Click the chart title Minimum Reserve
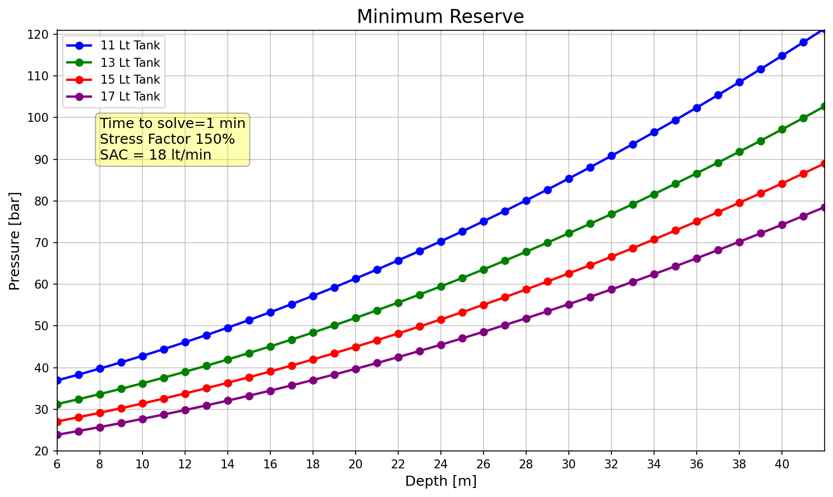[x=440, y=17]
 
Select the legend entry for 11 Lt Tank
[x=113, y=45]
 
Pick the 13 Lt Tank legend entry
[x=113, y=62]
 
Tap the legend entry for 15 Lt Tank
[x=113, y=79]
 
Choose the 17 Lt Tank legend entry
[x=113, y=97]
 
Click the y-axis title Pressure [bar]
[x=15, y=241]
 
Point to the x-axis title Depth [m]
[x=441, y=481]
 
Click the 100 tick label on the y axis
[x=38, y=117]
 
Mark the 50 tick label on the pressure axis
[x=42, y=326]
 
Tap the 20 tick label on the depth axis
[x=356, y=464]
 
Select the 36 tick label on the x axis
[x=697, y=464]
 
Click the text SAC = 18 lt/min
[x=155, y=154]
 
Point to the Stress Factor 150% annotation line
[x=167, y=139]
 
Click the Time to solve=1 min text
[x=173, y=123]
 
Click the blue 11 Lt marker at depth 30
[x=569, y=179]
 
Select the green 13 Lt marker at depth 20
[x=356, y=318]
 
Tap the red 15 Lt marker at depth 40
[x=782, y=184]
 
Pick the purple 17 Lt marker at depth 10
[x=142, y=419]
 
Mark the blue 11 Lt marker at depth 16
[x=270, y=312]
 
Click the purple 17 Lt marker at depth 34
[x=653, y=275]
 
